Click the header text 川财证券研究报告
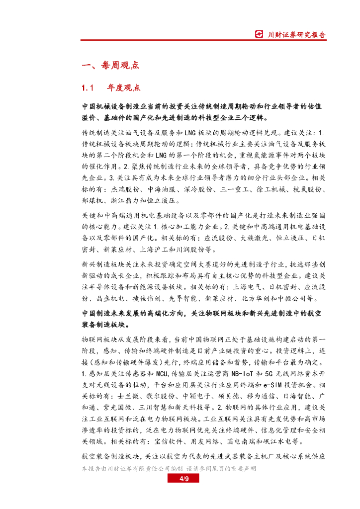coord(296,35)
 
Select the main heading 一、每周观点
coord(110,65)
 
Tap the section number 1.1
coord(88,88)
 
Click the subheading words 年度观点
coord(124,88)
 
